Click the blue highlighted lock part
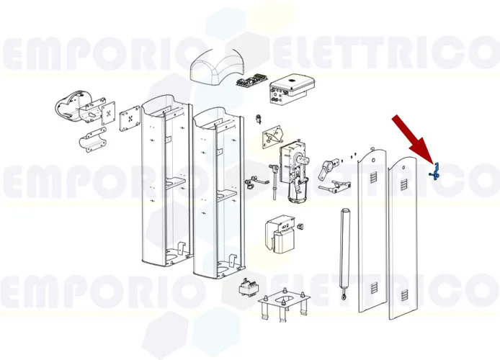pos(434,172)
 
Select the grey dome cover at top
pos(218,71)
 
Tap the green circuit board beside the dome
pos(253,81)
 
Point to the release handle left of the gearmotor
pos(251,184)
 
